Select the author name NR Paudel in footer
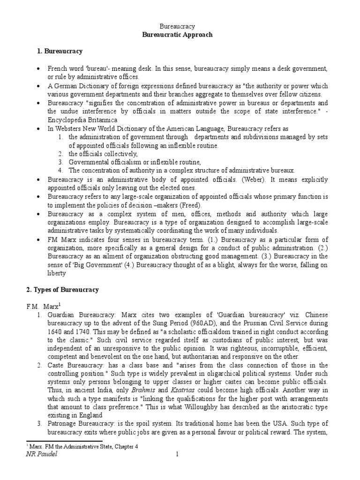[43, 454]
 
